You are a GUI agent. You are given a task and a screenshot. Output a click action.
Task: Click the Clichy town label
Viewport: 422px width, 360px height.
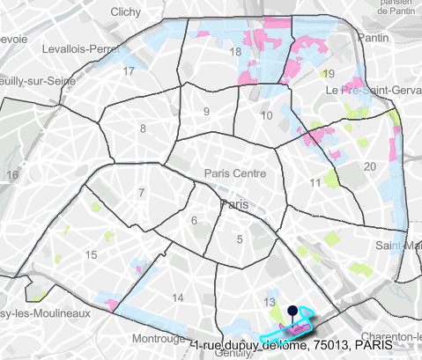tap(130, 12)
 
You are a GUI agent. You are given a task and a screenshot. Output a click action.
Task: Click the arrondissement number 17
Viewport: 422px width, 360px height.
tap(129, 70)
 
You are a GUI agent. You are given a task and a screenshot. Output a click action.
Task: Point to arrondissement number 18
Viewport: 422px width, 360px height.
tap(234, 53)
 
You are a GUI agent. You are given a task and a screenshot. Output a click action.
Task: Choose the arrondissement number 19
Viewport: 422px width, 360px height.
tap(329, 73)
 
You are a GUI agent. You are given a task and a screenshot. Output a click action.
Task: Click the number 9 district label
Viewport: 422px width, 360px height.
tap(206, 111)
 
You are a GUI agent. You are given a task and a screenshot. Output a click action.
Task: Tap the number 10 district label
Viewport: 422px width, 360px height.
tap(267, 115)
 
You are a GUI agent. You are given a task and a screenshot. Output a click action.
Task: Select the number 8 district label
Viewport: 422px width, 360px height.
tap(142, 129)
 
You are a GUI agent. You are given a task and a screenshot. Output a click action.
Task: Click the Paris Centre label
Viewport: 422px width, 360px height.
tap(234, 173)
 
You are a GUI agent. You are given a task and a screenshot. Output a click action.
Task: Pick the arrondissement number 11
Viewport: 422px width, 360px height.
tap(315, 182)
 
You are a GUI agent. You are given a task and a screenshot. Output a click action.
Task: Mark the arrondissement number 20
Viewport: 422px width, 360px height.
tap(369, 165)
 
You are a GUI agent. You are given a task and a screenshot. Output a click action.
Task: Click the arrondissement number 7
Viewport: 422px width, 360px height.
tap(141, 192)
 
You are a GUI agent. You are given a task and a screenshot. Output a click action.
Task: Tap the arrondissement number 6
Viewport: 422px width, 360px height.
tap(194, 220)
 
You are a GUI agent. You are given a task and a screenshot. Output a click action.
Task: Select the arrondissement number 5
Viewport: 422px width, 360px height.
tap(239, 238)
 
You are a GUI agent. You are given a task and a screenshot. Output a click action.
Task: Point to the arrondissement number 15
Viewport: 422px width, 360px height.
tap(90, 254)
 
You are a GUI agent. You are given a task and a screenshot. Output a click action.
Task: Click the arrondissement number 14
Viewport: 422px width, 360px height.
tap(179, 298)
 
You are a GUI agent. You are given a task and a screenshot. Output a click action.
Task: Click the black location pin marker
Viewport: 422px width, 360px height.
tap(291, 311)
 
